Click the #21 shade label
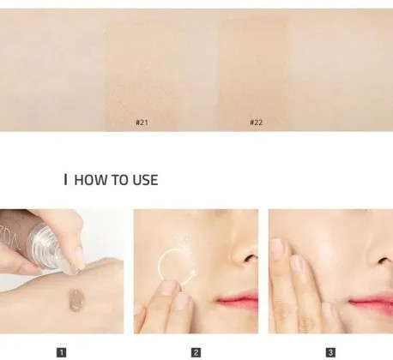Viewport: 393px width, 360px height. click(x=142, y=123)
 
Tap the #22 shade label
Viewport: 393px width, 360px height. click(x=257, y=123)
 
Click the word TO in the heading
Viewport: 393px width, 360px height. click(x=120, y=180)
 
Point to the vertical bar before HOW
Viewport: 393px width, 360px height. click(x=66, y=180)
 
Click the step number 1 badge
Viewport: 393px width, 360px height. click(x=62, y=352)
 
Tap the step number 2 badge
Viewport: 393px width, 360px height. click(x=196, y=352)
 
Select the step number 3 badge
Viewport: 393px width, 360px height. click(x=330, y=352)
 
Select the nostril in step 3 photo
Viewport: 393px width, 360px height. click(x=384, y=261)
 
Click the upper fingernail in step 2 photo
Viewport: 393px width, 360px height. click(x=169, y=288)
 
